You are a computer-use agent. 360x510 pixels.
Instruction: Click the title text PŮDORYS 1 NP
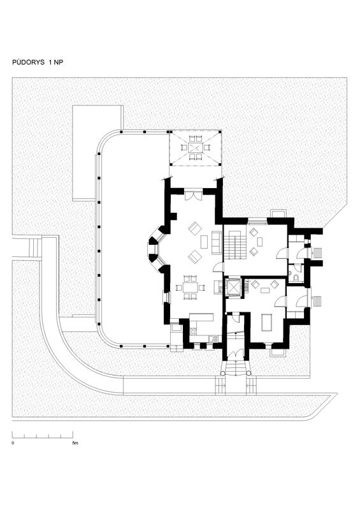pyautogui.click(x=38, y=62)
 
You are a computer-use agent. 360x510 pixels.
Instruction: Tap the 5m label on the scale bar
pyautogui.click(x=75, y=443)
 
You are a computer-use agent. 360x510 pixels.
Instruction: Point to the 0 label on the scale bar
pyautogui.click(x=13, y=443)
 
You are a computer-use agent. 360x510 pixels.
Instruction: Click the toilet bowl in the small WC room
pyautogui.click(x=296, y=277)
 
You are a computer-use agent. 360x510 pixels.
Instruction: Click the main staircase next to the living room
pyautogui.click(x=235, y=244)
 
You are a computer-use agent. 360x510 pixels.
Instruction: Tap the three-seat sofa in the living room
pyautogui.click(x=216, y=242)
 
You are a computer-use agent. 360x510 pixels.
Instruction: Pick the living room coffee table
pyautogui.click(x=205, y=242)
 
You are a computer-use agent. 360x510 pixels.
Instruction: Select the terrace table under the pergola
pyautogui.click(x=195, y=148)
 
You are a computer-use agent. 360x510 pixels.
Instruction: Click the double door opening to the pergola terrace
pyautogui.click(x=193, y=196)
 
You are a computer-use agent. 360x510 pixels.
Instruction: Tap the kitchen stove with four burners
pyautogui.click(x=193, y=331)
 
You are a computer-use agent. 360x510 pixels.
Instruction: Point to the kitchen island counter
pyautogui.click(x=201, y=317)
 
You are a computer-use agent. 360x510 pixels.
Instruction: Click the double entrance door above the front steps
pyautogui.click(x=235, y=354)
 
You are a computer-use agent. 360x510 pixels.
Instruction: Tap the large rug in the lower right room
pyautogui.click(x=266, y=322)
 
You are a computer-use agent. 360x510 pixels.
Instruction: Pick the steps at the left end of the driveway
pyautogui.click(x=33, y=247)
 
